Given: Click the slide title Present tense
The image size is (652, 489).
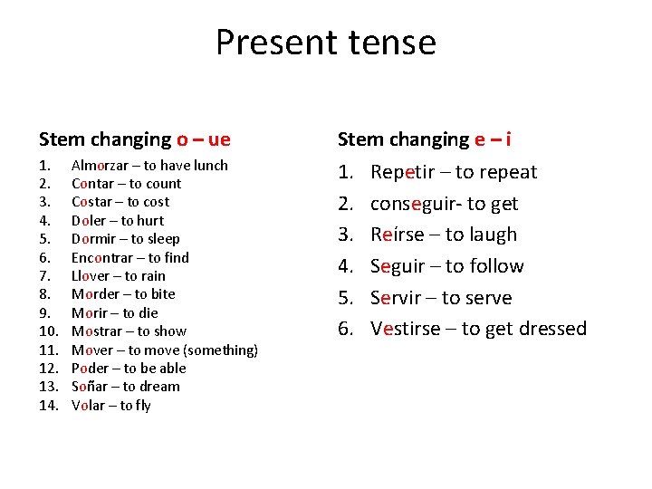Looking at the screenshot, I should point(325,43).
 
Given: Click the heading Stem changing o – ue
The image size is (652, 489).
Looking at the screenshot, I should point(134,139).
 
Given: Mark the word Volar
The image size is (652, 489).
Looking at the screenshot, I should point(89,406).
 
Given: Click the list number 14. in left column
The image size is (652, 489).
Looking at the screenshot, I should point(48,406).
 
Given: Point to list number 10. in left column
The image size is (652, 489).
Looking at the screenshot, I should point(48,331).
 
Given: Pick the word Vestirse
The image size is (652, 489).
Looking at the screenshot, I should point(412,329).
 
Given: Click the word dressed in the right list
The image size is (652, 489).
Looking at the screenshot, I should point(552,329).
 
